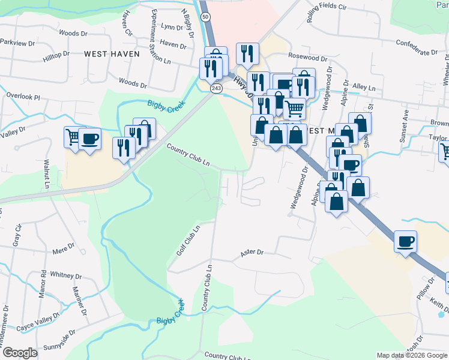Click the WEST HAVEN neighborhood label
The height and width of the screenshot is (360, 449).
click(112, 54)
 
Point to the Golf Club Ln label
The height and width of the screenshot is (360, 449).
click(187, 242)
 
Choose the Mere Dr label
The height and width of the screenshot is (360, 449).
click(62, 247)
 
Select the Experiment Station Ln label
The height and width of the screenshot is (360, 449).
click(161, 37)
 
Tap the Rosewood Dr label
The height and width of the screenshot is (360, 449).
click(307, 59)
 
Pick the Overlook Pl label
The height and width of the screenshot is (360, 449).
click(23, 96)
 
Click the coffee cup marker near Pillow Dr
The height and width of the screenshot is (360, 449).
click(406, 241)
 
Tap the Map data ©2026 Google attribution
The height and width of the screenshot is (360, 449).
click(412, 355)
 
